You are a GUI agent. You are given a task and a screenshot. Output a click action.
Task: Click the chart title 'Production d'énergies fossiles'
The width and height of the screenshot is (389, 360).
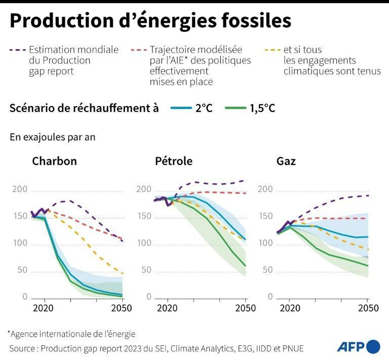tap(150, 21)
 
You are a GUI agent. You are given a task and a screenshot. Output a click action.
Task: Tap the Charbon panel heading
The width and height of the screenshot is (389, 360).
tap(54, 162)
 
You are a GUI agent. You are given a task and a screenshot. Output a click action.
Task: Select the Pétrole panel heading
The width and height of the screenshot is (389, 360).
tap(174, 162)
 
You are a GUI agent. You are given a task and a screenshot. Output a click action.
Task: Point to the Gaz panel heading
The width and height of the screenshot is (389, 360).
tap(286, 162)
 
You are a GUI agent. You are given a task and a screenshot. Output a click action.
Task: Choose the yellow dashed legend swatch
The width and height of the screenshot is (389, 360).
tap(273, 50)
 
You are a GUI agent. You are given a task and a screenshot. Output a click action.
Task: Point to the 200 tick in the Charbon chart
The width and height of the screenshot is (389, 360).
tap(19, 190)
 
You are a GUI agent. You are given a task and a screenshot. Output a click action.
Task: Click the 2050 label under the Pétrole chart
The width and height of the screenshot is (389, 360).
tap(245, 308)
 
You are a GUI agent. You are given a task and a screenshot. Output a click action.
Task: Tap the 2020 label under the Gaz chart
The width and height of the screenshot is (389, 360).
tap(289, 308)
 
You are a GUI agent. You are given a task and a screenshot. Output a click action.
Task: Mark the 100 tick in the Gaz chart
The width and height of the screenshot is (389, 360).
tap(265, 243)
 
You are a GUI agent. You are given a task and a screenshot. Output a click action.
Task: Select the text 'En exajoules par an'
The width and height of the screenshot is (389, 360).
tap(52, 137)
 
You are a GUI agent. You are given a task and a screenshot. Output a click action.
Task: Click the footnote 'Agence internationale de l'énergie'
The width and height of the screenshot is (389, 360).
tap(71, 334)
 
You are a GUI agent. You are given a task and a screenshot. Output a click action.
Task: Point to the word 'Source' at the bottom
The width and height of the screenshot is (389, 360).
tap(23, 348)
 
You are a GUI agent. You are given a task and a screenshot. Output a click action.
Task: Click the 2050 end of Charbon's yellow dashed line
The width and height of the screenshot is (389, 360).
tap(122, 273)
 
